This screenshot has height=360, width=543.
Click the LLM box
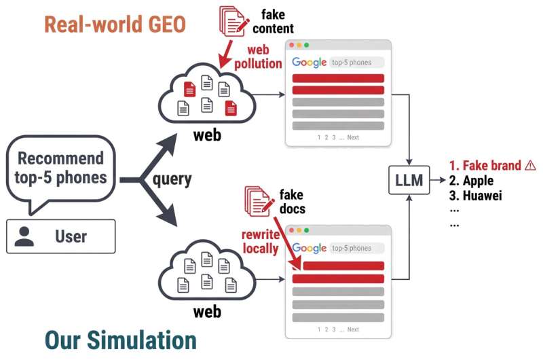409,180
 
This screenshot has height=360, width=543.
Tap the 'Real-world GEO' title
115,24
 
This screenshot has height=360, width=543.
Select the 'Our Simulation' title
121,340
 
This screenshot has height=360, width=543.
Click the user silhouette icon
24,236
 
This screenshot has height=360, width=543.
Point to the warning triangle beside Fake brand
530,165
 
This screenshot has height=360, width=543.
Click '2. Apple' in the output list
471,181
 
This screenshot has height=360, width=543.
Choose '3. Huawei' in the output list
476,196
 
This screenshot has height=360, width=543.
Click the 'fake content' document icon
233,22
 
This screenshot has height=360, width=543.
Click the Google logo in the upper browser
309,62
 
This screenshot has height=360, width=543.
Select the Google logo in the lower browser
309,248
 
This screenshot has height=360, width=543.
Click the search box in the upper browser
356,62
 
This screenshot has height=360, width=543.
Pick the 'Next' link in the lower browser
353,329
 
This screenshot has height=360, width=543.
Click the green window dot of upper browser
306,45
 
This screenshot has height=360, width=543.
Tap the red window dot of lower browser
292,230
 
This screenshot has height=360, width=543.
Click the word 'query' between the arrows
172,179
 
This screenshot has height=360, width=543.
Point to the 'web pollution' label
259,57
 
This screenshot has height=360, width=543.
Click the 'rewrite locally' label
261,242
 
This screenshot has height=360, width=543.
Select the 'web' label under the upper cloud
207,135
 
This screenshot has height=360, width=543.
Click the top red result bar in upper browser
338,78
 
